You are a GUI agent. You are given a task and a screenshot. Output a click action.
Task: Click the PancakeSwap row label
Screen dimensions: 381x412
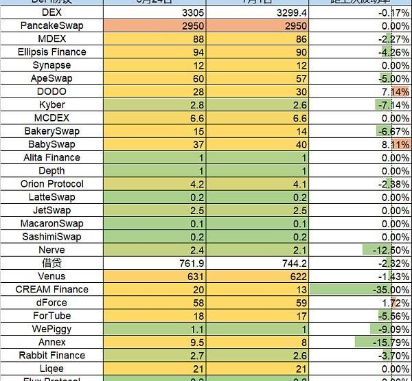click(51, 25)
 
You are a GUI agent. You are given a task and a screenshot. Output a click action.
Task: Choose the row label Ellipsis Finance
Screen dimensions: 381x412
click(51, 51)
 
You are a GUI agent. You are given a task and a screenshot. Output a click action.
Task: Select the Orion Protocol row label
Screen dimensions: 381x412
click(51, 184)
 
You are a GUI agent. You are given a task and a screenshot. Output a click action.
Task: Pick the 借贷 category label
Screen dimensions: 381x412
click(51, 263)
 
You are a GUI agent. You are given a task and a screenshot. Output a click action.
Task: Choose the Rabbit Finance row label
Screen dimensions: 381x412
click(51, 355)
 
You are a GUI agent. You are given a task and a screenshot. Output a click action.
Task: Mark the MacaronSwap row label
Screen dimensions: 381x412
click(51, 224)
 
